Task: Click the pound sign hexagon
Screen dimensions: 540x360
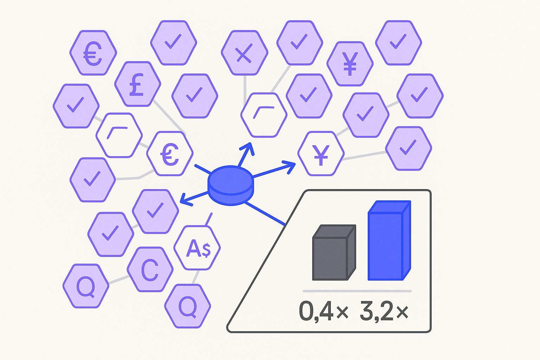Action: tap(138, 84)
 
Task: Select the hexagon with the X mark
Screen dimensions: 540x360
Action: tap(244, 53)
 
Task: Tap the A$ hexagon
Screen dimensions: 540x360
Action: tap(197, 247)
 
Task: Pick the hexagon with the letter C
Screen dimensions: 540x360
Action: tap(150, 270)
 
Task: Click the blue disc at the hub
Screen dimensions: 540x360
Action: tap(231, 185)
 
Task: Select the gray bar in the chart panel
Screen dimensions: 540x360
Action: tap(334, 252)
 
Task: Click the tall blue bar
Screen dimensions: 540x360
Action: tap(389, 240)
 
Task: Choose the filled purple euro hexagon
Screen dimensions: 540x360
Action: tap(93, 53)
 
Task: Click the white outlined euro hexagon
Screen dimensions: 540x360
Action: tap(170, 154)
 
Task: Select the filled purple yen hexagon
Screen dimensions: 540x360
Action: tap(350, 64)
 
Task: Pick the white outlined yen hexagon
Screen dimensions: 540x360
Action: tap(321, 154)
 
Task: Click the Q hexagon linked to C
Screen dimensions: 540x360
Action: tap(86, 286)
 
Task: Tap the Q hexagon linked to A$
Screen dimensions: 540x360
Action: tap(187, 306)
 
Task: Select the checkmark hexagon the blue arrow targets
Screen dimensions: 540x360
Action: tap(155, 212)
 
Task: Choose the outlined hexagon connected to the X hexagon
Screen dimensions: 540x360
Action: tap(264, 115)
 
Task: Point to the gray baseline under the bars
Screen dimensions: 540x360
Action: tap(357, 291)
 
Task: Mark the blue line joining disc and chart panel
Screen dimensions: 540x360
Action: tap(265, 214)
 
